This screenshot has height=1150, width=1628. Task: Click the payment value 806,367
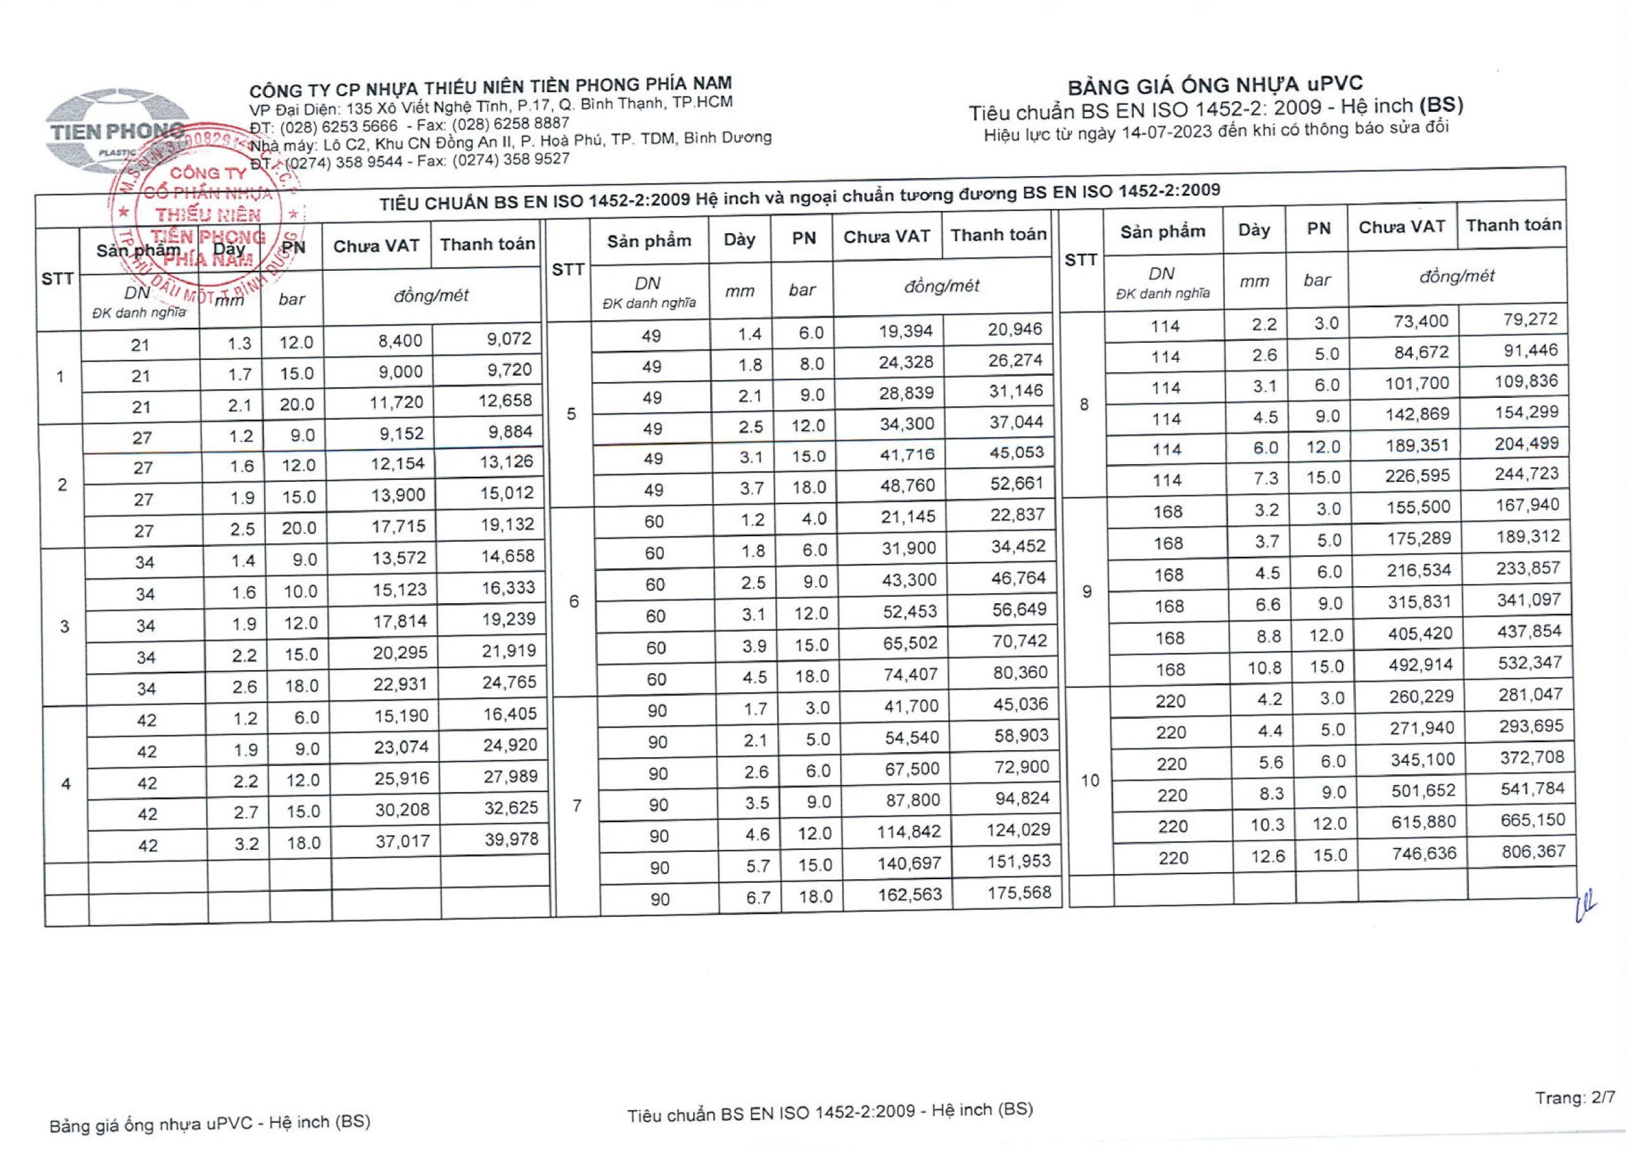pyautogui.click(x=1533, y=851)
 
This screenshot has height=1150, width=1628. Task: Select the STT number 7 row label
pyautogui.click(x=577, y=805)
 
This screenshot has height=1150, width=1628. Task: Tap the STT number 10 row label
pyautogui.click(x=1090, y=781)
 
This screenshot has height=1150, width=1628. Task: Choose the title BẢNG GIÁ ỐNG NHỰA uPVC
pyautogui.click(x=1215, y=86)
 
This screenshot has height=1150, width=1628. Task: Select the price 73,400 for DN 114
pyautogui.click(x=1423, y=321)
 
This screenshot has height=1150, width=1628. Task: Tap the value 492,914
pyautogui.click(x=1420, y=665)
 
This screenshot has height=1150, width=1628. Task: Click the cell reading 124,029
pyautogui.click(x=1018, y=830)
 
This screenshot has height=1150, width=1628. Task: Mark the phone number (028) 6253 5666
pyautogui.click(x=338, y=127)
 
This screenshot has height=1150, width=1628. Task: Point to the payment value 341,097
pyautogui.click(x=1529, y=600)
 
